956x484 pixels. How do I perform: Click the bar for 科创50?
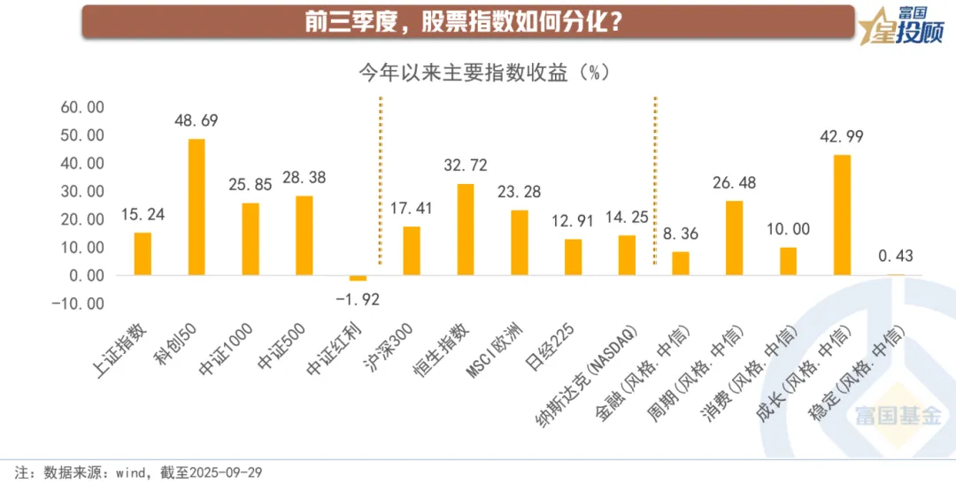tap(197, 207)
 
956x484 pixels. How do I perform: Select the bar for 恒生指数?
tap(465, 229)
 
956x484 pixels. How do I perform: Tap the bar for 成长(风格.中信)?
tap(842, 215)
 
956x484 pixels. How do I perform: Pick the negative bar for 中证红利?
tap(358, 278)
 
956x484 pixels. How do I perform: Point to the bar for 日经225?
tap(573, 257)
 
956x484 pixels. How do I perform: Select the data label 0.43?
tap(895, 257)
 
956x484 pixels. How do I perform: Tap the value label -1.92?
tap(358, 299)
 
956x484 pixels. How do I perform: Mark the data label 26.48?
tap(734, 183)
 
